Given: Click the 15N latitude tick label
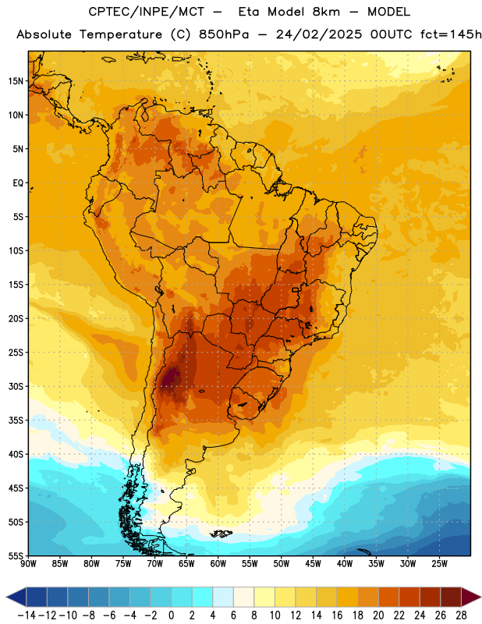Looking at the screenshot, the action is pos(16,81).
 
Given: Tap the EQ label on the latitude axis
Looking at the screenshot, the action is pos(18,183).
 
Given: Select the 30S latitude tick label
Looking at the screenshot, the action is pos(16,386).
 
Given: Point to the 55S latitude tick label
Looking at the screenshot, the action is pos(16,556).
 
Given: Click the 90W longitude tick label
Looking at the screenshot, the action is pos(28,564).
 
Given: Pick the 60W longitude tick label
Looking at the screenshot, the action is pos(218,564).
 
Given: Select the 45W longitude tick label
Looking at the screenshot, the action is pos(313,564).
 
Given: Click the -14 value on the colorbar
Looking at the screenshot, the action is pos(27,615).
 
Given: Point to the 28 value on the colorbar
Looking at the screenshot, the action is pos(461,615).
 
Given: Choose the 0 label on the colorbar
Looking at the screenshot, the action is pos(171,615).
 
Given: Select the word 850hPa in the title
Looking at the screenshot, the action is pos(224,34).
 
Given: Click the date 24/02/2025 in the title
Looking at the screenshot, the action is pos(319,34).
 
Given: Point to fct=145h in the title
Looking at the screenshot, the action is pos(451,34).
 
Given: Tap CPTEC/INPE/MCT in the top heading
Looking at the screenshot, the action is pos(147,12).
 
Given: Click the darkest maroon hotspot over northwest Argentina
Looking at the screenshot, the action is pos(171,378).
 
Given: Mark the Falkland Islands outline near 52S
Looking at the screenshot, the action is pos(222,534).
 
